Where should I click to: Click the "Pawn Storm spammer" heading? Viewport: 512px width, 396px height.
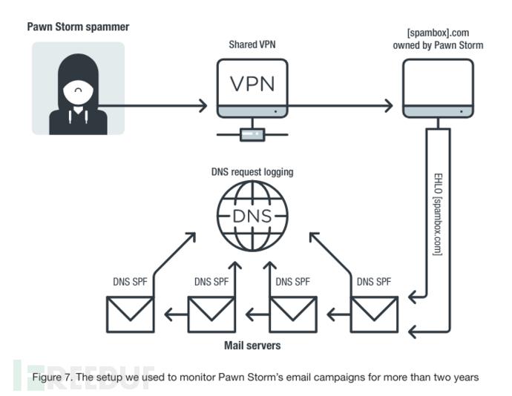[x=78, y=27]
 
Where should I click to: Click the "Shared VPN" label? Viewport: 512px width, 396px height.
[x=252, y=44]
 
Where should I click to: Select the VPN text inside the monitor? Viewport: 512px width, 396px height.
[x=252, y=84]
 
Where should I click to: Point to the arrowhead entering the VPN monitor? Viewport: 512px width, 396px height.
[x=203, y=105]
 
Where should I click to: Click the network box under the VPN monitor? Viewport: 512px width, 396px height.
[x=252, y=134]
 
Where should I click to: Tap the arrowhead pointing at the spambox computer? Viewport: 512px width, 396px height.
[x=389, y=105]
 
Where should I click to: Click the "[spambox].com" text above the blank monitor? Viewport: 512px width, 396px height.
[x=438, y=33]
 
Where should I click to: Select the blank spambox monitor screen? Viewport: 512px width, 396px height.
[x=438, y=83]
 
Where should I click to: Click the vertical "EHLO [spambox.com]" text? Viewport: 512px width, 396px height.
[x=439, y=214]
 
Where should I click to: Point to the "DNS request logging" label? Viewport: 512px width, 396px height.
[x=252, y=172]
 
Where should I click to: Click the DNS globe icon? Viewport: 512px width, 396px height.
[x=252, y=216]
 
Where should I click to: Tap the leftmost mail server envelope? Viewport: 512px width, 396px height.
[x=131, y=314]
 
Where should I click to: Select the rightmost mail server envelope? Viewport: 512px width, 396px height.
[x=374, y=314]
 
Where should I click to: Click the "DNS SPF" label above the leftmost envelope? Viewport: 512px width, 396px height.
[x=130, y=282]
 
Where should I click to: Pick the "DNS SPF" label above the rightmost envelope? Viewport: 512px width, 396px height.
[x=374, y=282]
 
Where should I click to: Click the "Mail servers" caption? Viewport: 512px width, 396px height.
[x=252, y=346]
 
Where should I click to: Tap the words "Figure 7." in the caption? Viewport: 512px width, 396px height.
[x=52, y=377]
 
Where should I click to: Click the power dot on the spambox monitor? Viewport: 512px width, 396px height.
[x=461, y=112]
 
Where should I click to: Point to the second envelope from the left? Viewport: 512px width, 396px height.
[x=211, y=314]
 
